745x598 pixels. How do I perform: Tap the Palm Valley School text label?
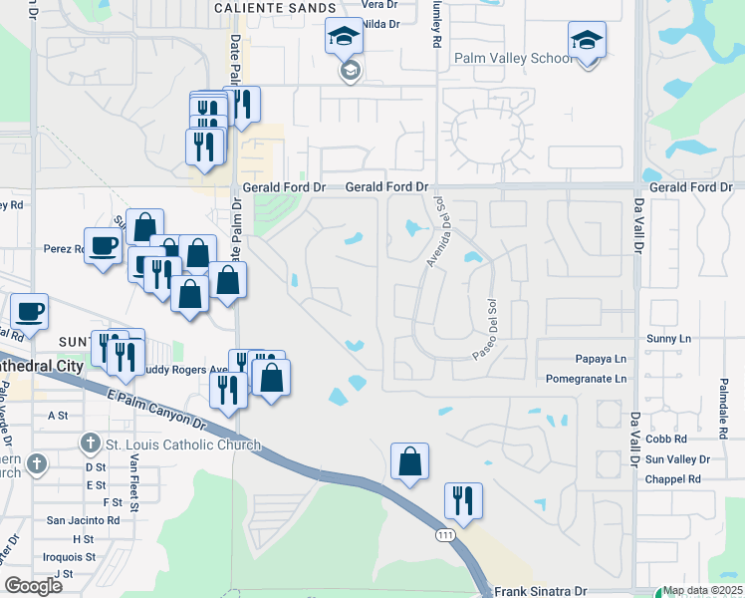(514, 58)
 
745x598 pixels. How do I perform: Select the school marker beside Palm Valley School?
(587, 42)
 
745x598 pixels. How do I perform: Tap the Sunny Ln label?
(668, 339)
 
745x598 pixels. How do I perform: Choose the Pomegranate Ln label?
(588, 379)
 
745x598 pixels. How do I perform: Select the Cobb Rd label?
(667, 439)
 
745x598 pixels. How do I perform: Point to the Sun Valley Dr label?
(677, 459)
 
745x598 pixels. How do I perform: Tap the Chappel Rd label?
(673, 479)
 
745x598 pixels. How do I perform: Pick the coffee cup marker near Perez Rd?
(103, 247)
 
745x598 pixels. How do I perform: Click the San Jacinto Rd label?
(84, 520)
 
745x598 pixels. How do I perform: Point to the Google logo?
(33, 586)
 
